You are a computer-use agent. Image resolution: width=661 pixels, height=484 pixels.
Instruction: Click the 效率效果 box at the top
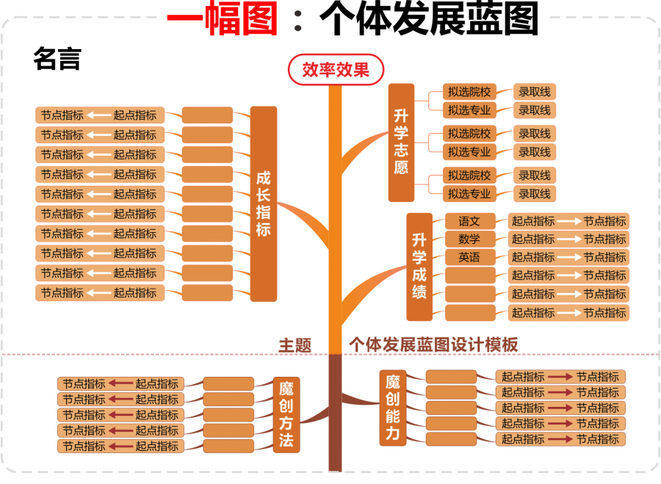point(336,71)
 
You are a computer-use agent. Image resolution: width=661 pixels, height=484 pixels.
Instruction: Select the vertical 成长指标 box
point(264,203)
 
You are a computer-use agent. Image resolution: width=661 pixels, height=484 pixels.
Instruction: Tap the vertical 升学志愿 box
point(401,142)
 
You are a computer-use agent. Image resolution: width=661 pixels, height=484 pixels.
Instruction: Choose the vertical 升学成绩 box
point(419,267)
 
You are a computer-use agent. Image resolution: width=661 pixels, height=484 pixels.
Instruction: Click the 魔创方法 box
point(286,414)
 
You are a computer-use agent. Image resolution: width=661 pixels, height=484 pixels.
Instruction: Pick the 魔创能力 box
point(393,408)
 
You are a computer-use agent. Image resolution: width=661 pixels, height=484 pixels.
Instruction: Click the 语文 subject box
point(469,221)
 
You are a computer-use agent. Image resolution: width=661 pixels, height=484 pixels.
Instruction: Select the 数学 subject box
point(469,239)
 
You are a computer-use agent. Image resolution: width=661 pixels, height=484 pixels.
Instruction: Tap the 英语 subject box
point(469,257)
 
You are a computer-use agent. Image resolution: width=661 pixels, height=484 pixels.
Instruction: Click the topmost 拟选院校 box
point(469,92)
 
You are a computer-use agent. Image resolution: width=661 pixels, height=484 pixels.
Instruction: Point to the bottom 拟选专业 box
point(469,194)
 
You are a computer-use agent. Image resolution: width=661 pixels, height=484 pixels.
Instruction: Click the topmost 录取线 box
point(534,92)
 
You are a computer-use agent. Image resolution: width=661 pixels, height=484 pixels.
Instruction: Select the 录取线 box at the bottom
point(534,194)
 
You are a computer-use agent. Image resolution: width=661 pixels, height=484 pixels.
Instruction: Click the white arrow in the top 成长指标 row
point(98,115)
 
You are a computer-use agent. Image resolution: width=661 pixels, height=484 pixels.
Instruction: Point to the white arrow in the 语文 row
point(569,221)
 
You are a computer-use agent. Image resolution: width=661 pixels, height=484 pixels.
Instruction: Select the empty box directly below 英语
point(470,275)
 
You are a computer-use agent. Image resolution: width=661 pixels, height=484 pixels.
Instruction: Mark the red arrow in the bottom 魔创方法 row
point(120,446)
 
